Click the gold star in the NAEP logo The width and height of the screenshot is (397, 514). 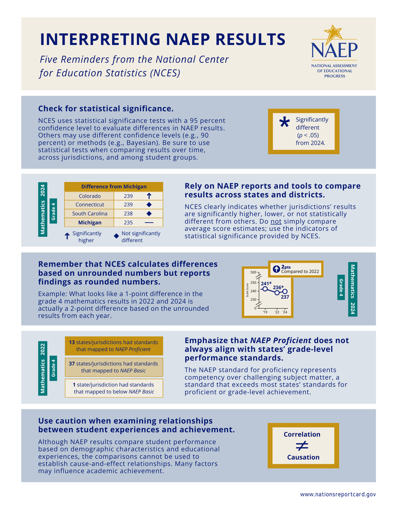[332, 33]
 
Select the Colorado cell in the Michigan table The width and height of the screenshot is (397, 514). [90, 196]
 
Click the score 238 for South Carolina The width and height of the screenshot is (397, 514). [128, 213]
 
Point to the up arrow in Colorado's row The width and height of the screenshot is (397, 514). [149, 196]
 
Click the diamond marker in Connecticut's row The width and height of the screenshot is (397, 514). [149, 205]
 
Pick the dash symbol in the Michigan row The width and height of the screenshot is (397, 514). [149, 222]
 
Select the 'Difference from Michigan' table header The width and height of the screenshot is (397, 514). [114, 186]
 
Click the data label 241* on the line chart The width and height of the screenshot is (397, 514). [266, 283]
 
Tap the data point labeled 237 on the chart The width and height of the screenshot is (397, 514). [285, 291]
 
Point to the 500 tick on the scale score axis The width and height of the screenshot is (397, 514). [253, 272]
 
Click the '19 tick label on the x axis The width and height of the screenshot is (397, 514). [265, 312]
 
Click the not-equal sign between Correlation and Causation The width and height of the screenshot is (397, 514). [302, 445]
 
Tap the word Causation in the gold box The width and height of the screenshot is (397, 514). [303, 457]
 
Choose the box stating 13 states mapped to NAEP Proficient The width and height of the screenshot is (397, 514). [113, 346]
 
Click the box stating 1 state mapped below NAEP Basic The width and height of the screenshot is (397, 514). [113, 388]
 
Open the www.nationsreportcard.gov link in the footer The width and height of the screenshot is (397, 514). [337, 494]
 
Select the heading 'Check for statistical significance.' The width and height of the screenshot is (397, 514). [106, 108]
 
